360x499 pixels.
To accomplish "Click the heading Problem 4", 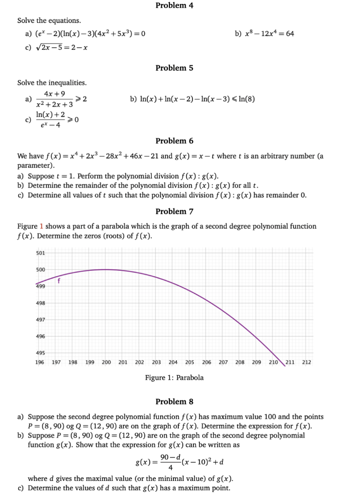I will click(x=174, y=5).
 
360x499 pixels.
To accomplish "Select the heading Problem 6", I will click(x=174, y=141).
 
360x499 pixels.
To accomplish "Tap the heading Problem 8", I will click(x=174, y=402).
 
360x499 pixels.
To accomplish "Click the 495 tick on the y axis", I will click(x=40, y=353).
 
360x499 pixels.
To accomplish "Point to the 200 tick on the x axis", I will click(x=106, y=363).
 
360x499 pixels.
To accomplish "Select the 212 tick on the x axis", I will click(x=306, y=363).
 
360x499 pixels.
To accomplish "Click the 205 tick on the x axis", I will click(x=189, y=363).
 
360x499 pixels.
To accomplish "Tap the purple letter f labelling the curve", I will click(x=59, y=280).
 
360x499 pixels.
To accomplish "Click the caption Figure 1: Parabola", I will click(x=174, y=378).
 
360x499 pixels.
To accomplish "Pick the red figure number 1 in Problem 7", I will click(x=41, y=226).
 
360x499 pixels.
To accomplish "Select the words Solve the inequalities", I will click(x=52, y=83).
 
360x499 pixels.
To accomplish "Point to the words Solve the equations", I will click(x=49, y=20).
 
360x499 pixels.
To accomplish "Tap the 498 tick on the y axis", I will click(x=40, y=303).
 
